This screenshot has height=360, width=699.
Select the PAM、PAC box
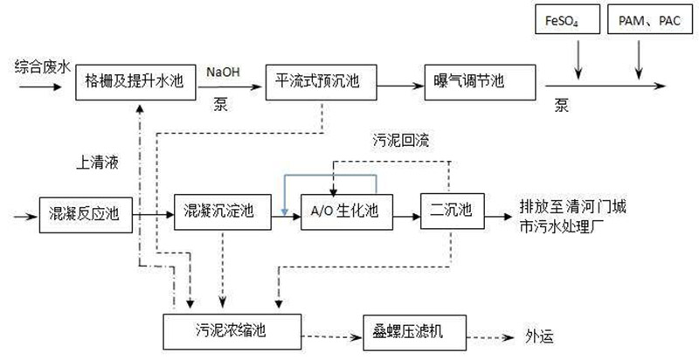click(x=641, y=19)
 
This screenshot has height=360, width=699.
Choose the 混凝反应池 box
click(x=80, y=212)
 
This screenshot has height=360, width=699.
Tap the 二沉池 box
click(x=450, y=211)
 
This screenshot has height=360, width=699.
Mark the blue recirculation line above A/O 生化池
click(x=330, y=175)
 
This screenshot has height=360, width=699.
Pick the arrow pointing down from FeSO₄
click(x=577, y=56)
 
